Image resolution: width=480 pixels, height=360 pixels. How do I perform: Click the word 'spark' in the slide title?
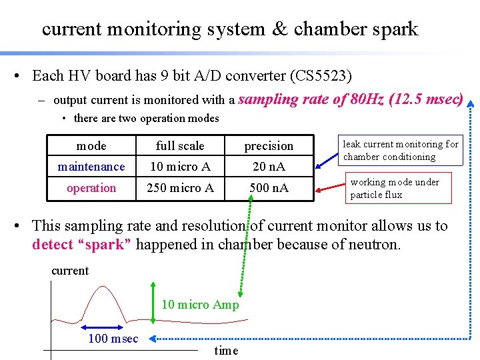click(392, 29)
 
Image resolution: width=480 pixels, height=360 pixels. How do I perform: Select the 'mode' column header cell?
click(91, 145)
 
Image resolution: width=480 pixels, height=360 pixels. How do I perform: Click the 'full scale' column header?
click(180, 145)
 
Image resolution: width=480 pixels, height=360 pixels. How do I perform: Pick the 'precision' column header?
click(269, 145)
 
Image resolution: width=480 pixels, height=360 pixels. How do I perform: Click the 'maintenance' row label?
click(91, 167)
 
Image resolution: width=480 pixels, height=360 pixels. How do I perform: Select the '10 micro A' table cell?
click(180, 167)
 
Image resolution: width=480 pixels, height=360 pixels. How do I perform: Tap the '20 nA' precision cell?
click(269, 167)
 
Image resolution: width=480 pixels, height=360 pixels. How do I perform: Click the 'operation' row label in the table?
click(91, 188)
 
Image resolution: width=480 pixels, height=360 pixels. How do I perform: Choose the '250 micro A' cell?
click(180, 188)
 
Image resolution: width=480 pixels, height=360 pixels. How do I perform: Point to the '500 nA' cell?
click(269, 188)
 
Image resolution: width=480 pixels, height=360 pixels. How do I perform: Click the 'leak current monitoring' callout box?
click(400, 151)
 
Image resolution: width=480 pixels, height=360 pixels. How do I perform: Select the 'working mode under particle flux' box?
click(395, 188)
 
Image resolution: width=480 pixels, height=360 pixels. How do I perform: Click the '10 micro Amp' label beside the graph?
click(200, 305)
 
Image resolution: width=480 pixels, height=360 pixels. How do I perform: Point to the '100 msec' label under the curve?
click(113, 339)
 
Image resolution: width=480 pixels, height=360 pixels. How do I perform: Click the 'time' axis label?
click(226, 351)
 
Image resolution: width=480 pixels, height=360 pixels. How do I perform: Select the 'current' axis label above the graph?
click(70, 270)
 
